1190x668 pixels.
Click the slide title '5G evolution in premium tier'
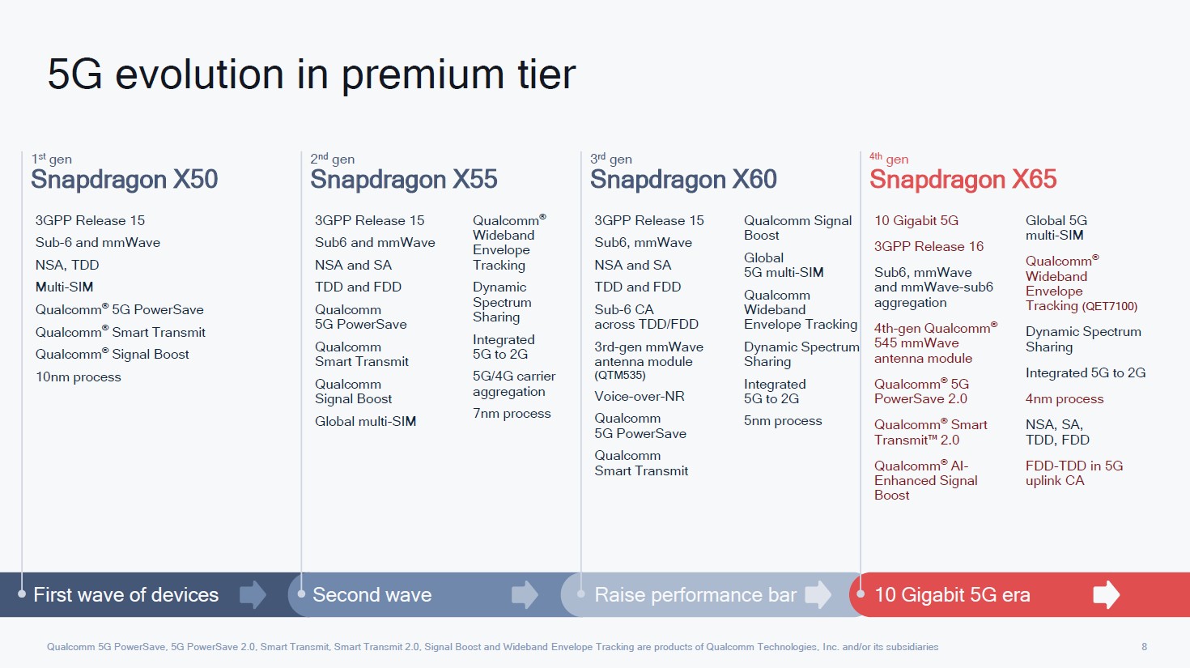tap(312, 74)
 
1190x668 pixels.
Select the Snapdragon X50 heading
tap(125, 179)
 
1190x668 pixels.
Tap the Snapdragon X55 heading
tap(404, 179)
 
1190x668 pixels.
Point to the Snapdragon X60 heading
tap(683, 179)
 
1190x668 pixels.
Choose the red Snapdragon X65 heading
tap(963, 179)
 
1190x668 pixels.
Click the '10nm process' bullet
tap(78, 377)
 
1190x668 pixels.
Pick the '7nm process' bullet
tap(512, 414)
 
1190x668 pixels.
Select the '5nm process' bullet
tap(783, 421)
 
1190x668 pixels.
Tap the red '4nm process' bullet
tap(1064, 399)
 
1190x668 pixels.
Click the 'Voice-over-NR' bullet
tap(639, 397)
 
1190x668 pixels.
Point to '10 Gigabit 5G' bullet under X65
tap(916, 220)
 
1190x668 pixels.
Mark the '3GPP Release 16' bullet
tap(929, 247)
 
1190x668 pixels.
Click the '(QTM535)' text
tap(620, 376)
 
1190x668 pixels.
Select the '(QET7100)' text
tap(1109, 307)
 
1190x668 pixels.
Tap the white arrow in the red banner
tap(1107, 594)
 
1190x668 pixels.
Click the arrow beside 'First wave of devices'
tap(253, 594)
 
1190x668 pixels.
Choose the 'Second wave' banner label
tap(372, 594)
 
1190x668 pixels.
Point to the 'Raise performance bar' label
tap(695, 594)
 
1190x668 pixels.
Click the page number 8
tap(1145, 647)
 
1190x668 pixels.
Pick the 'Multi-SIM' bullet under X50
tap(64, 287)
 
